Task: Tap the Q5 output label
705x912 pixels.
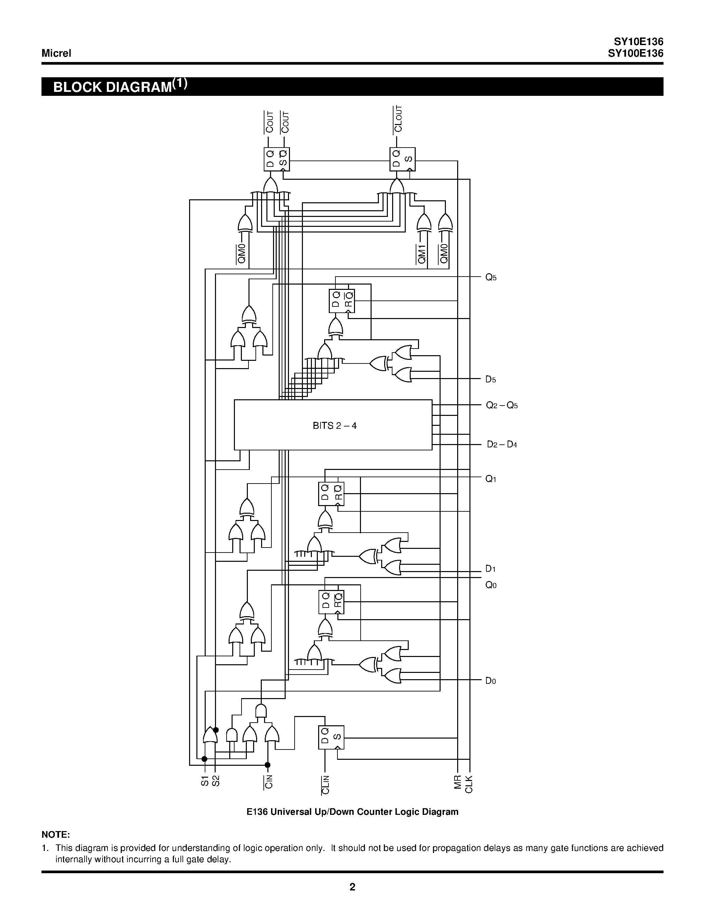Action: click(x=491, y=277)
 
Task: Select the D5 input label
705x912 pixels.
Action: click(x=490, y=380)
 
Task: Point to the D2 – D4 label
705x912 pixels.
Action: click(x=502, y=444)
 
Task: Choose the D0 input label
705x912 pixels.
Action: click(x=490, y=681)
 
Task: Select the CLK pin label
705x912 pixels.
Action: click(x=469, y=784)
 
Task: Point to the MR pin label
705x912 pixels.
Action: click(x=458, y=782)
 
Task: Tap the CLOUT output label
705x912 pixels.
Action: click(x=398, y=119)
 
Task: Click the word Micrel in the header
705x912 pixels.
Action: click(x=56, y=53)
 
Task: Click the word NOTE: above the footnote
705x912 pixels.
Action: click(x=55, y=835)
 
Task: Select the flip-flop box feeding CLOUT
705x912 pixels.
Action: click(x=402, y=159)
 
